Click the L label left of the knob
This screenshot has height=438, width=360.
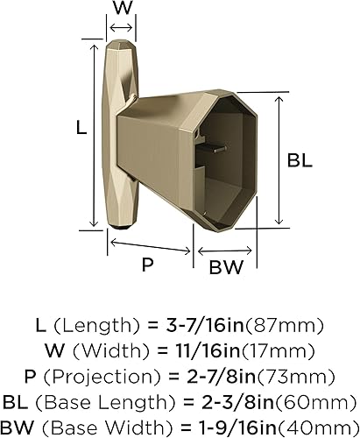80,128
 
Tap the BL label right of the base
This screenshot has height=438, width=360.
300,161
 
